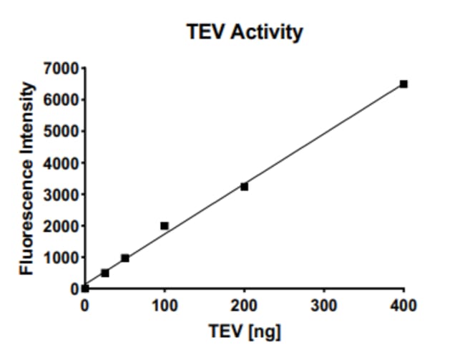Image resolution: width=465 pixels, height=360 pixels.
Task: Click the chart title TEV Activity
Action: [x=245, y=32]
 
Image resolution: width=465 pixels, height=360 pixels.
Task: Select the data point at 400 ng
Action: [x=403, y=84]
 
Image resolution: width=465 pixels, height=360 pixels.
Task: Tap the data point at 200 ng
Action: [x=244, y=186]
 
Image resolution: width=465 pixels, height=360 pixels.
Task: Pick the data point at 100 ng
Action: [x=165, y=225]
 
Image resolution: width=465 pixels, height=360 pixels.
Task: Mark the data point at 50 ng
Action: [x=125, y=258]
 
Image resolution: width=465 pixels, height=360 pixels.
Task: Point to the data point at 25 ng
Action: [x=105, y=273]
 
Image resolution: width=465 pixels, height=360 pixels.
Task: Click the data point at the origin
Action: [x=85, y=288]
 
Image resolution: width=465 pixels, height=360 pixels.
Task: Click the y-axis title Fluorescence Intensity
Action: [x=27, y=177]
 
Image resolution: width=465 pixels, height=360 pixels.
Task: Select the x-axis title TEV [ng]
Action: [x=245, y=333]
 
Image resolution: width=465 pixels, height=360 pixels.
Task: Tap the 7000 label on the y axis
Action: [x=62, y=69]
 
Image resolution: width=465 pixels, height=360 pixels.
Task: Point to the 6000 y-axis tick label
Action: [x=62, y=100]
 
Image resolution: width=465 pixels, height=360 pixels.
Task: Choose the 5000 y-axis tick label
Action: [x=62, y=132]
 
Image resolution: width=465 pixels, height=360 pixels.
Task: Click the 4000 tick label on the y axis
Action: [x=62, y=163]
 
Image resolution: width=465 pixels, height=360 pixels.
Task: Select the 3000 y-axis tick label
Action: [x=62, y=195]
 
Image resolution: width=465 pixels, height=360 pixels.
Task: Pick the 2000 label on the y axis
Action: [x=62, y=226]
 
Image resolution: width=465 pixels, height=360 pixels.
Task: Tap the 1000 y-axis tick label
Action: [x=62, y=258]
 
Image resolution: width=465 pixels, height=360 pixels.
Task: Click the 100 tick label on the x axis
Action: [x=165, y=306]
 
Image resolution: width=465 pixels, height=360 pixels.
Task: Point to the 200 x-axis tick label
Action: [x=244, y=306]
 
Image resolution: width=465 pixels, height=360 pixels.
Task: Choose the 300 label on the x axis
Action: [x=324, y=306]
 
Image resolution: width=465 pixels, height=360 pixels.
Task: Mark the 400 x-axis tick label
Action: [x=403, y=306]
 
